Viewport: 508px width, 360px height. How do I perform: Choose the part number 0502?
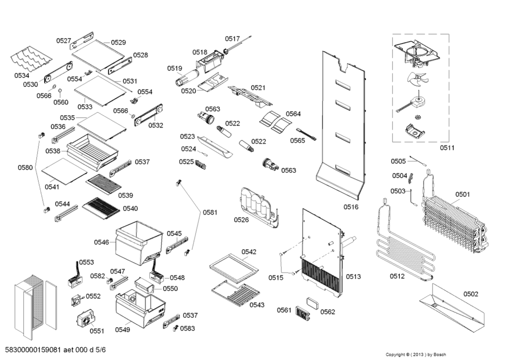tap(471, 294)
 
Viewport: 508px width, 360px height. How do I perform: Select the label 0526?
tap(242, 219)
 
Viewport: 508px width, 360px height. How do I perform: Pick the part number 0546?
tap(102, 242)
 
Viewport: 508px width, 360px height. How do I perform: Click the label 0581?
tap(209, 213)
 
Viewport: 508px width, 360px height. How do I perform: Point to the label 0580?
tap(25, 167)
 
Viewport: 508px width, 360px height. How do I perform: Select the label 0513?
tap(353, 277)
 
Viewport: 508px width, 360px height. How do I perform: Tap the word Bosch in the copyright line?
tap(439, 355)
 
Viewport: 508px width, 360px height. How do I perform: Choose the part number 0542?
tap(249, 252)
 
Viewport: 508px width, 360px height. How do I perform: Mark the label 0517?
tap(232, 39)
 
